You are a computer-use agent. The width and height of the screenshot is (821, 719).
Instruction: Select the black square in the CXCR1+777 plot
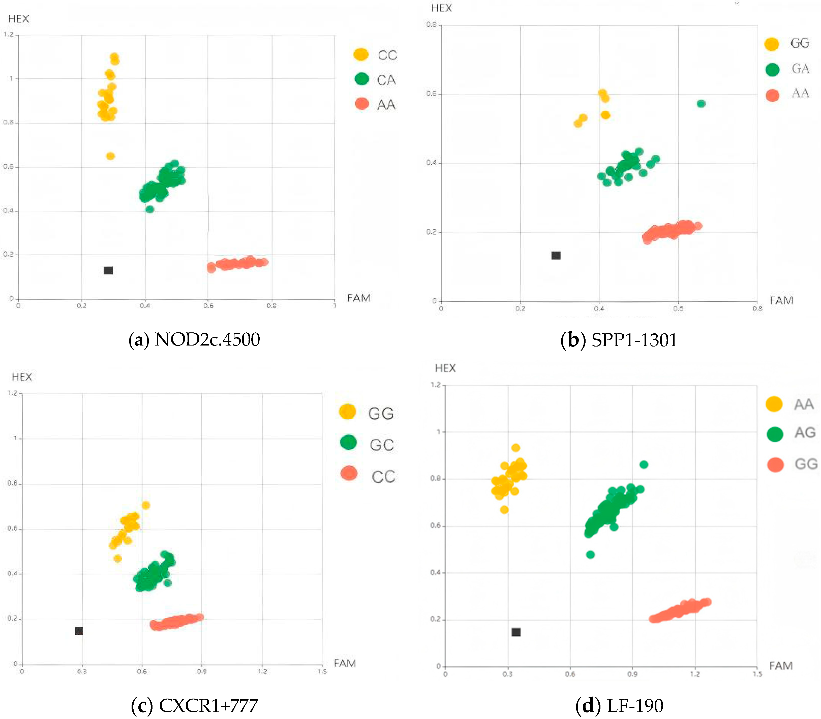79,631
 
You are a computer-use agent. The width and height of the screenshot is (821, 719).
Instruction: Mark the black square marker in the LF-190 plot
516,632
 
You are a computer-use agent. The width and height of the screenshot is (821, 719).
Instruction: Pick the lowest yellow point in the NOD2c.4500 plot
110,156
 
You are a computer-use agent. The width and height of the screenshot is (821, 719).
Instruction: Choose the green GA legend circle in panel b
772,69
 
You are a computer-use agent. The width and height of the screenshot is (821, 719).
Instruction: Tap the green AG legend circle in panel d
774,433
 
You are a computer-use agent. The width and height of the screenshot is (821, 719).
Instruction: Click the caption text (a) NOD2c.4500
194,339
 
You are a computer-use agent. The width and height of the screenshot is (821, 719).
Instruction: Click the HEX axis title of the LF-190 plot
445,368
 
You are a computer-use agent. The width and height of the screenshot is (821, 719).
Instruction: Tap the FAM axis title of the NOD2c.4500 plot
358,298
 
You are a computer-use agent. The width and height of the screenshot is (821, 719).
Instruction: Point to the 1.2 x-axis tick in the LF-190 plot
695,674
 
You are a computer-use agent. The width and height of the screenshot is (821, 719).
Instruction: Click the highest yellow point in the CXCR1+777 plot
146,505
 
